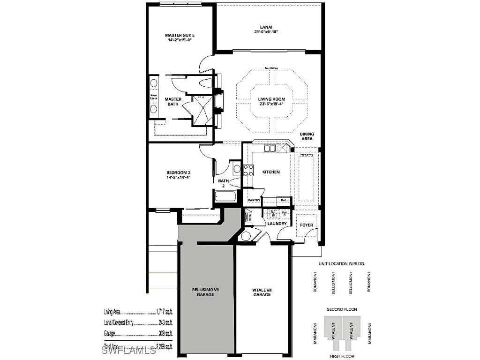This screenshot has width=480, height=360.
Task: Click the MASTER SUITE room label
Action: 180,35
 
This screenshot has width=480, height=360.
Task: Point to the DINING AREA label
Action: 307,136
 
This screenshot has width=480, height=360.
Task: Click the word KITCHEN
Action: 271,172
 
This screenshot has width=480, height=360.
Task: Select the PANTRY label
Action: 254,200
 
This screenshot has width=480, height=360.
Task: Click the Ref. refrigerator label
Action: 284,200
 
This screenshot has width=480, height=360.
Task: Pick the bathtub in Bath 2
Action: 227,195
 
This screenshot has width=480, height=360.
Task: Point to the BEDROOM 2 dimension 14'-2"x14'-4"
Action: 178,178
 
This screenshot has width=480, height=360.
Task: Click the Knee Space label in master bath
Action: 153,97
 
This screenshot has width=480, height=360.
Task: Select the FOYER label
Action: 306,225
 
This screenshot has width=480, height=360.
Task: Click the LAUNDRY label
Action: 277,224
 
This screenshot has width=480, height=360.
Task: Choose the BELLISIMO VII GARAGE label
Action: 205,292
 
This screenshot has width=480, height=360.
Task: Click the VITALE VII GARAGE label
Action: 262,292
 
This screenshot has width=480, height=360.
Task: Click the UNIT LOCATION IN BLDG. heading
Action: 342,264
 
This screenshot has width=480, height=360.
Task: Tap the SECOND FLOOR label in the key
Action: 342,309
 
